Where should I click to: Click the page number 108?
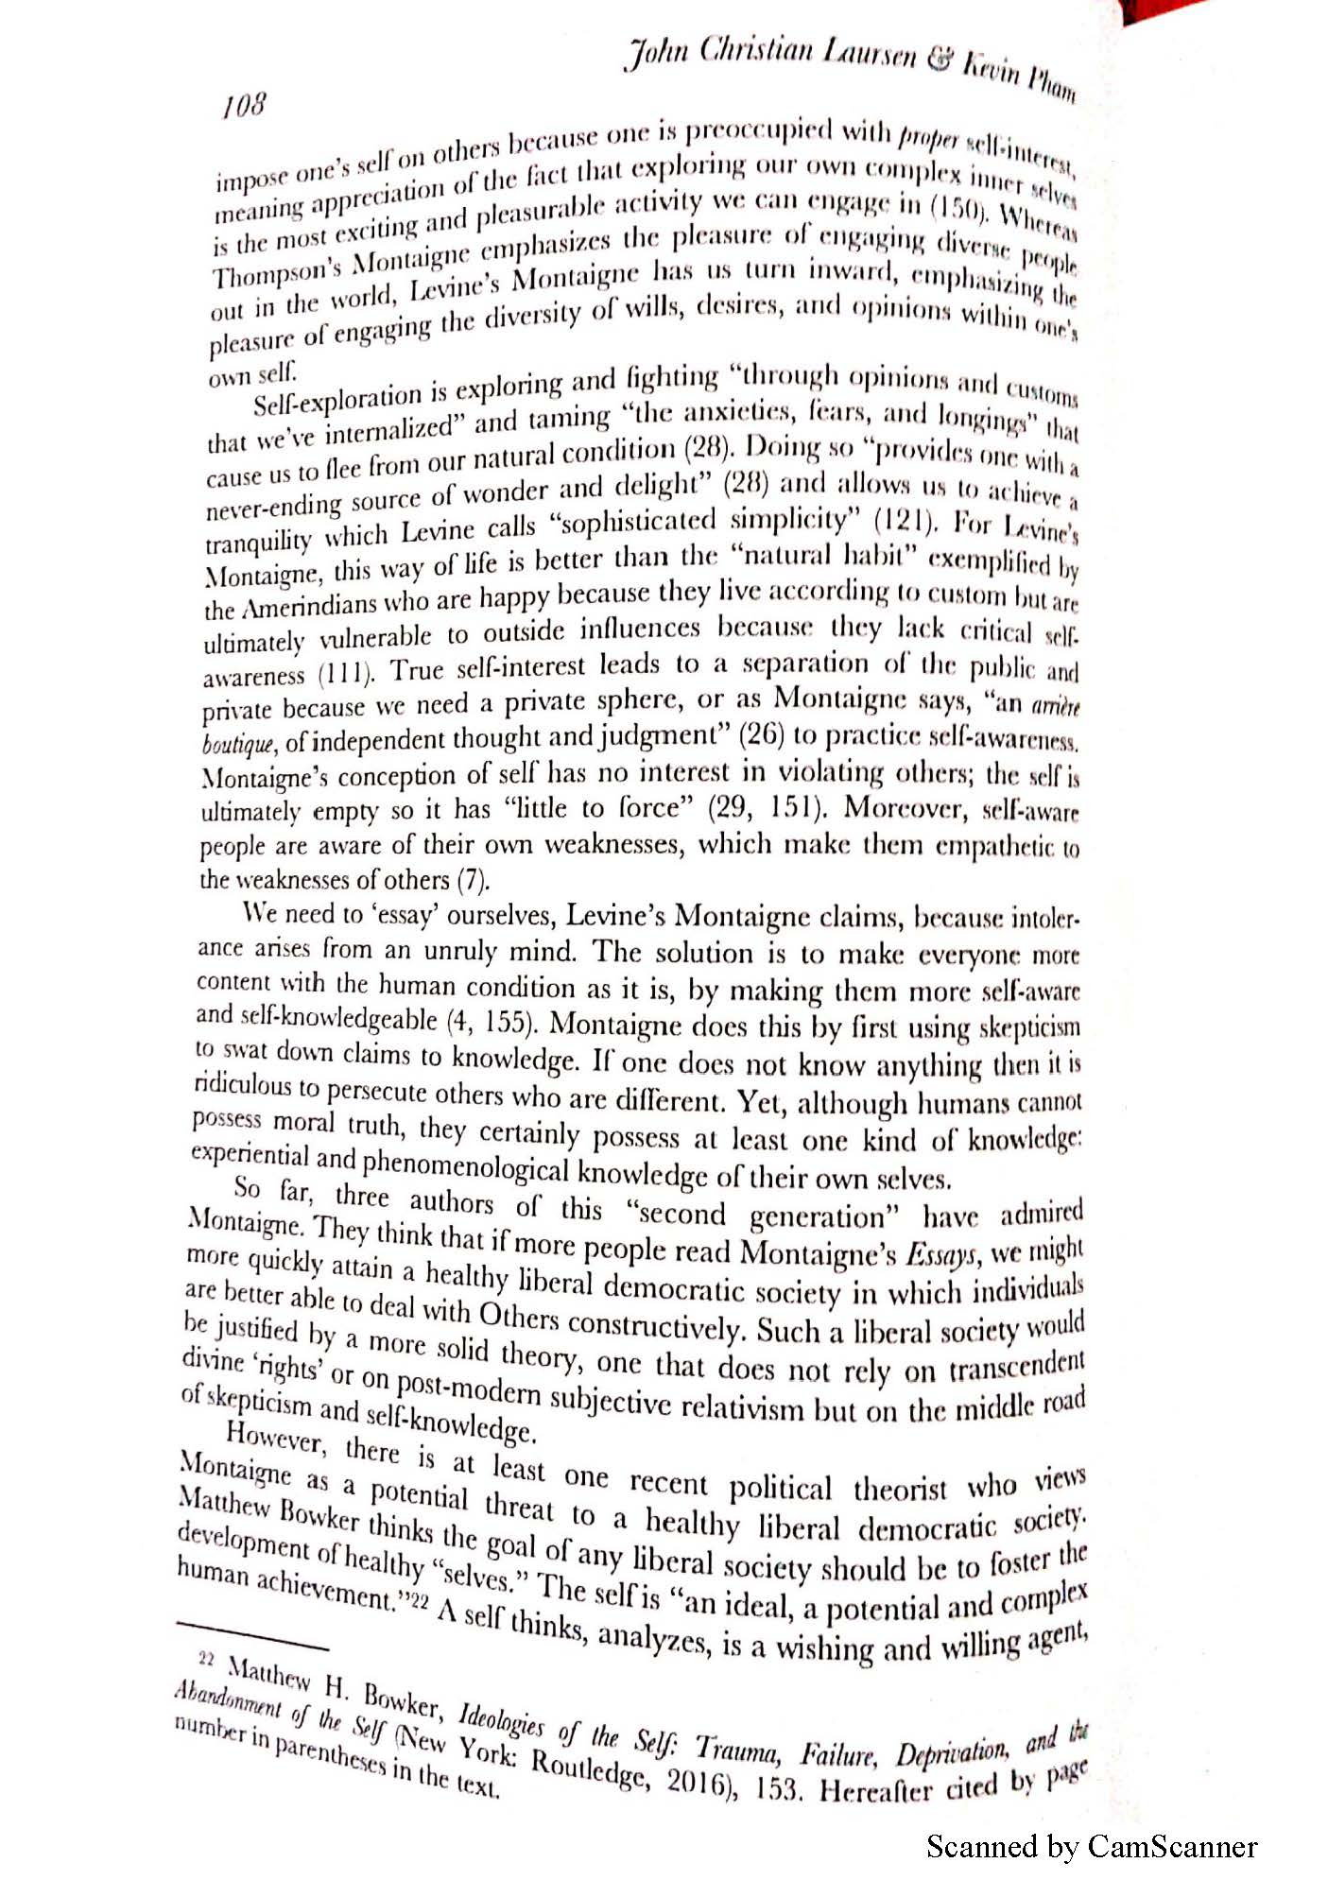point(244,104)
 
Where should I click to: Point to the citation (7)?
point(473,881)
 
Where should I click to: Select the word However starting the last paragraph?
point(277,1437)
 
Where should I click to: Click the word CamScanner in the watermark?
point(1172,1846)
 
